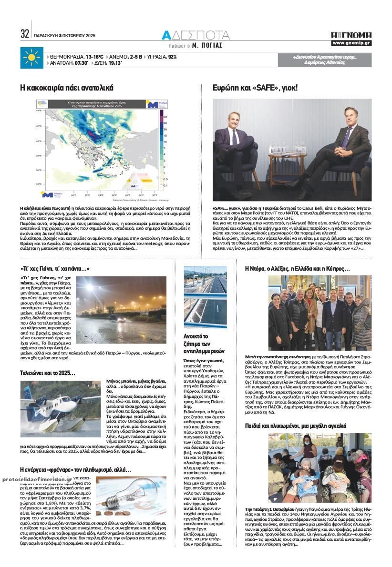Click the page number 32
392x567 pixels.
tap(25, 34)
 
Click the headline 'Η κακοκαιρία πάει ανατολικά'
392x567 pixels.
tap(66, 88)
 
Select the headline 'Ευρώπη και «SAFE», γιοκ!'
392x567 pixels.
tap(255, 88)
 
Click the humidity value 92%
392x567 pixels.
tap(172, 56)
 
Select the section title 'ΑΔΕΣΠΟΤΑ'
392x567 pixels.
tap(196, 35)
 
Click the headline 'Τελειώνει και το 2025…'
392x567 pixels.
tap(47, 373)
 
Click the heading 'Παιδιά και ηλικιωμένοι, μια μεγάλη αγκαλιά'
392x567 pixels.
tap(296, 425)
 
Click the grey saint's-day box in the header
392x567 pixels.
tap(324, 60)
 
